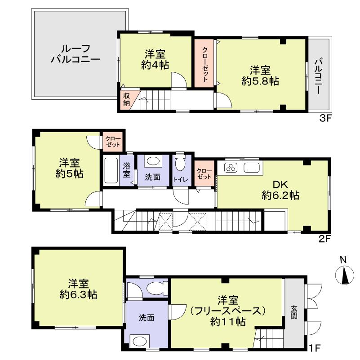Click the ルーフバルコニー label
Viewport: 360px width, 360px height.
75,53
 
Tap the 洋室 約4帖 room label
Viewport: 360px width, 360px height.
155,59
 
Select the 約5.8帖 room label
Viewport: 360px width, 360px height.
260,76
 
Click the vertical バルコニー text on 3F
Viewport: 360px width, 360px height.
319,75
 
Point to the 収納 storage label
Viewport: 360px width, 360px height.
127,99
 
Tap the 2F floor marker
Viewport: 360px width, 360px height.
325,239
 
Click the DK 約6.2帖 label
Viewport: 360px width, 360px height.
280,190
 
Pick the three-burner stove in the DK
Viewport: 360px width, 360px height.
231,169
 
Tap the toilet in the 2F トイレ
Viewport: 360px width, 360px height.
180,164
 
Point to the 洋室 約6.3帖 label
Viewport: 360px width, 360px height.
78,289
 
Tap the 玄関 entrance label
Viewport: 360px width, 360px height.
293,312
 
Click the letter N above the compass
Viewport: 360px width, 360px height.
343,259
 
